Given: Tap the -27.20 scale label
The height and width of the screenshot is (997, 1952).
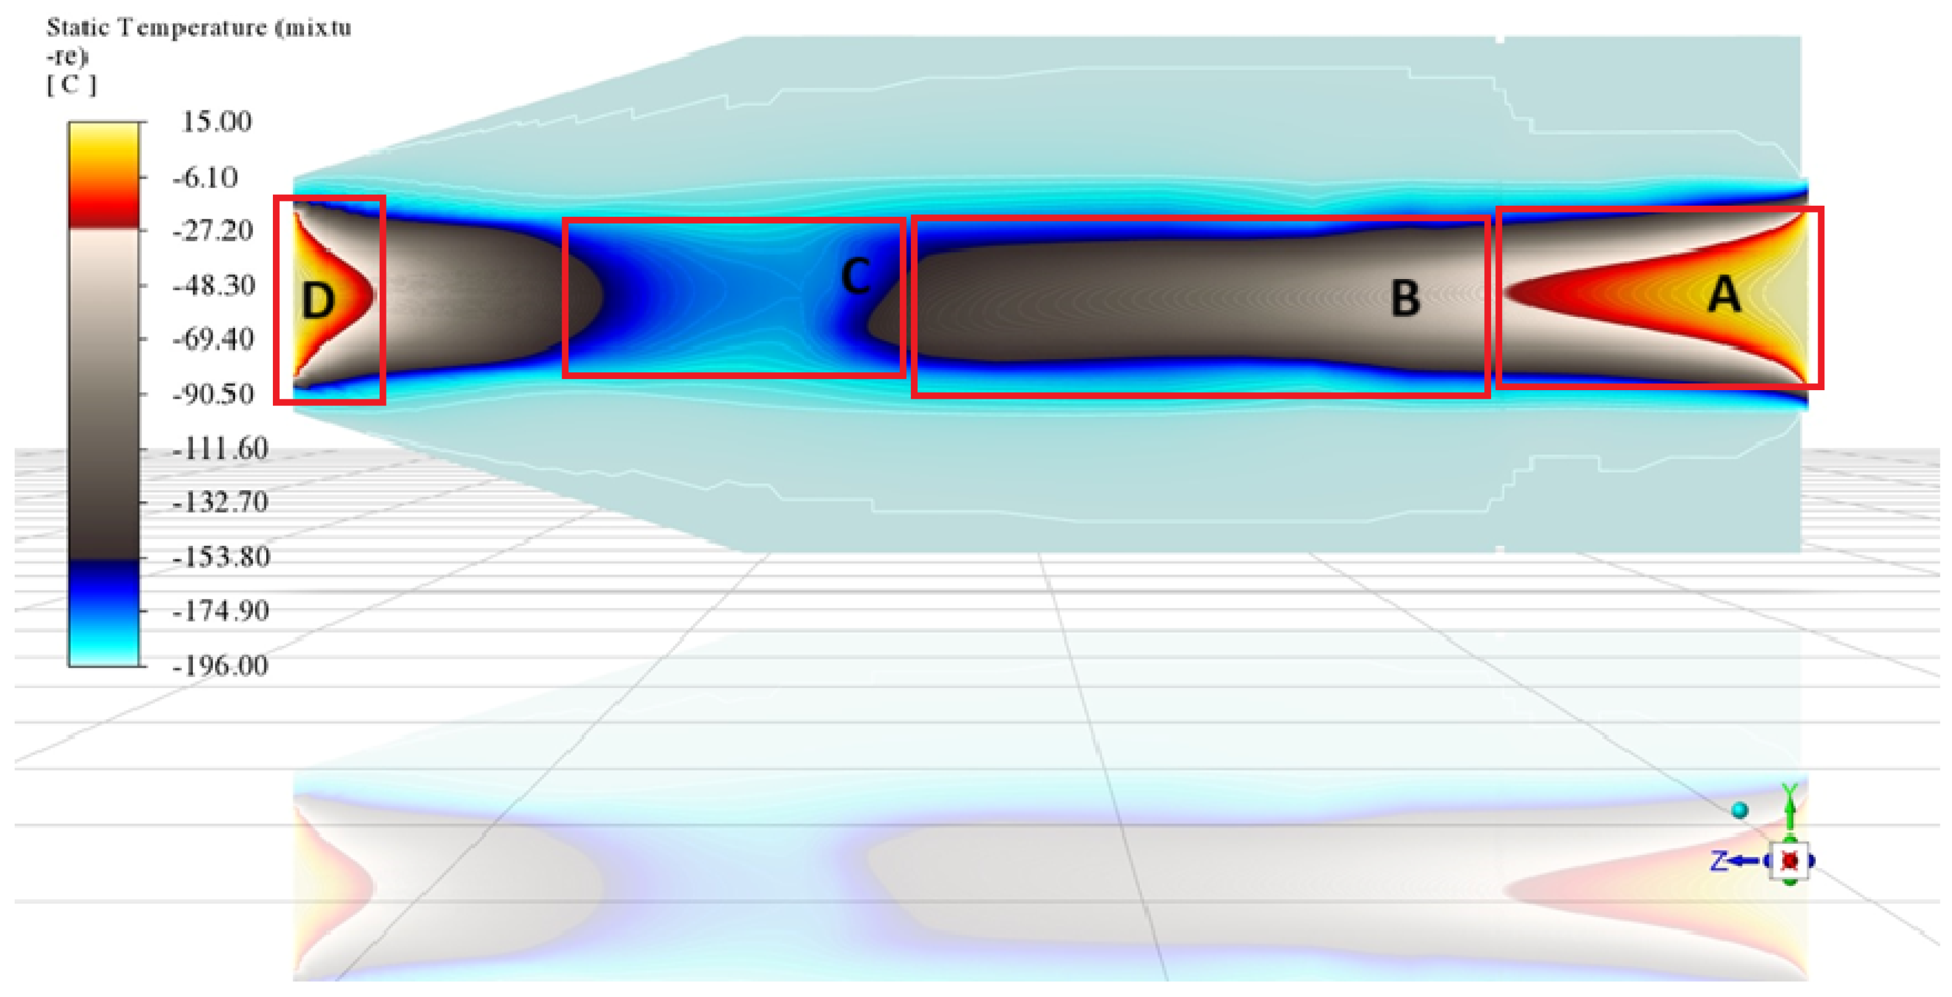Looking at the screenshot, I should [x=212, y=230].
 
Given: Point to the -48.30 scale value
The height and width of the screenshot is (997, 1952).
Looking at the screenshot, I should [x=214, y=286].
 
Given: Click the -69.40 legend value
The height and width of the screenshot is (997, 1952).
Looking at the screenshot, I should [x=213, y=339].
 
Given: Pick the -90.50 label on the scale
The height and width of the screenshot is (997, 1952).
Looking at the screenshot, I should [x=213, y=394].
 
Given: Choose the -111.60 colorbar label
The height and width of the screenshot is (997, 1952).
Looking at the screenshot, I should [x=220, y=449].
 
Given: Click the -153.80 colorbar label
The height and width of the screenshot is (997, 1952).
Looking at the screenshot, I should [x=220, y=557].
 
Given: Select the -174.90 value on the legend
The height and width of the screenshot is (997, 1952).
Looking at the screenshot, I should [x=220, y=611].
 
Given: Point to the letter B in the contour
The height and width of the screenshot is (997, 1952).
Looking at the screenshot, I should [x=1405, y=299].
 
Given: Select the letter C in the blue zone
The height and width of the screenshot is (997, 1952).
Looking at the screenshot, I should [x=856, y=276].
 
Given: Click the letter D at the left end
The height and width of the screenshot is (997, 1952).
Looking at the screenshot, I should [x=318, y=300].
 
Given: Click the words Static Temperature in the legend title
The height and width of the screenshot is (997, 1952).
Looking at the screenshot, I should [x=155, y=28].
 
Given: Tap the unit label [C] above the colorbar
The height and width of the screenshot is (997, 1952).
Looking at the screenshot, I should [x=71, y=84].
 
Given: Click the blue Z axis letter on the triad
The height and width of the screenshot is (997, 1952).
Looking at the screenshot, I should [x=1719, y=861].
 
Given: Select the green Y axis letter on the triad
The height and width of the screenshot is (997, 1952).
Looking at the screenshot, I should [x=1789, y=792].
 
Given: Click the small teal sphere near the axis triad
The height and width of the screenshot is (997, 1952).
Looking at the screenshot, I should [x=1740, y=811].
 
